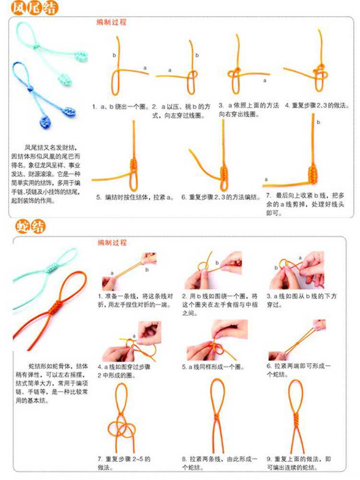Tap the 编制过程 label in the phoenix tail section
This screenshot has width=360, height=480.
tap(111, 23)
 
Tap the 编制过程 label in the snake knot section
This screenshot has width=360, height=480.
tap(112, 243)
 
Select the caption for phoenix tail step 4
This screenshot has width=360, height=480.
tap(317, 105)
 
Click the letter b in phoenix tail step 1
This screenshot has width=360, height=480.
tap(114, 56)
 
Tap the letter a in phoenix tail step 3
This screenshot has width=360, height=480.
tap(264, 81)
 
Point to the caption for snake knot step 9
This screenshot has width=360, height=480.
tap(299, 463)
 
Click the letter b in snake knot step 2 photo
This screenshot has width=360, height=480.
tap(217, 263)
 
